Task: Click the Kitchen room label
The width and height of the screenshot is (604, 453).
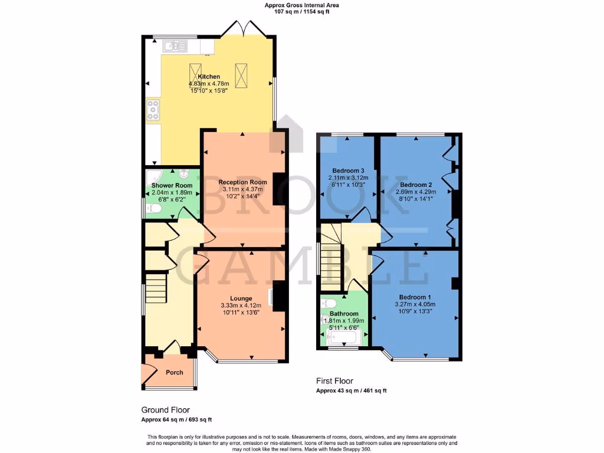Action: pos(209,77)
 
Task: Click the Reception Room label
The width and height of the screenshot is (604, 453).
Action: pos(242,182)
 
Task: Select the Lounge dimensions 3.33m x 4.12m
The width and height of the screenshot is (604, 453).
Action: pos(241,306)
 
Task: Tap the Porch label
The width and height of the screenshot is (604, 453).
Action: pos(174,372)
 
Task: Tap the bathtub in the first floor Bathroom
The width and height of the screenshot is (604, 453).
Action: pos(342,338)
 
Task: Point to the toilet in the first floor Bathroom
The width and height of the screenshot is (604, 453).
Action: pos(329,304)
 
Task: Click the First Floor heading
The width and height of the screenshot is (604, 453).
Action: pos(334,381)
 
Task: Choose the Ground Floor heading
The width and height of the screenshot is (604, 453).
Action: pos(165,409)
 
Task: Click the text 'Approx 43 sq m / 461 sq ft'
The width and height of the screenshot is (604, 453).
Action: pos(351,391)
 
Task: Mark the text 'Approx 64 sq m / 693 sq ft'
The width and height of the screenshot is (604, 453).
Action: pos(176,419)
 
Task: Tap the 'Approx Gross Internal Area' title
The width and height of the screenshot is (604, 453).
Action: pos(302,5)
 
